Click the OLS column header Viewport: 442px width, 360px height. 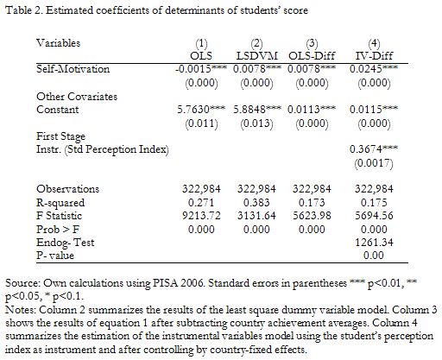201,56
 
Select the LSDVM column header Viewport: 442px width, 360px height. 256,56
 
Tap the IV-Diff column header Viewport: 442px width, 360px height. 374,56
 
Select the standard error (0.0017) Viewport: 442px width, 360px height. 374,163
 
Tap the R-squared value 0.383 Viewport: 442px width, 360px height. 256,203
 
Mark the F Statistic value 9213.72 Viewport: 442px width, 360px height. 201,216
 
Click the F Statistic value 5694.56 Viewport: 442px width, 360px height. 374,216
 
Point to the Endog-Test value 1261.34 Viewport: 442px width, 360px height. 374,243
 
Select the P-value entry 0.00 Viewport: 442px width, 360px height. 374,256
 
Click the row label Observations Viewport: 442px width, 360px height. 67,189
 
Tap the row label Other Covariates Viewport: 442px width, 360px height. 77,97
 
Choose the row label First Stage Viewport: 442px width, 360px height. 60,136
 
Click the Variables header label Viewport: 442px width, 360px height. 58,43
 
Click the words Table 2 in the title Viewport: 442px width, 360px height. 23,10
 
